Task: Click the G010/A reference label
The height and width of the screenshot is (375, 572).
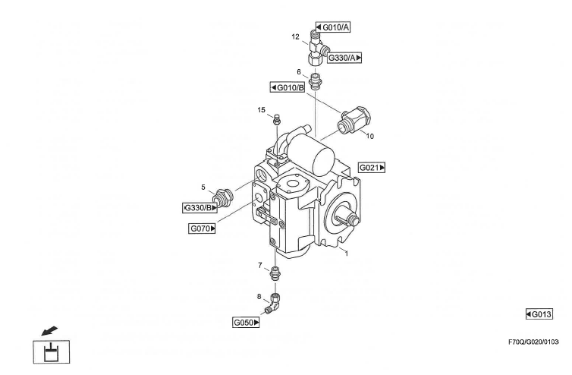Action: click(334, 28)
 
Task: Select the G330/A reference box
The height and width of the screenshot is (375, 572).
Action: click(345, 57)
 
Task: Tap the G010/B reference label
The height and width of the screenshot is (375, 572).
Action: click(288, 87)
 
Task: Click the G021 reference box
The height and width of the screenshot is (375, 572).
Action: click(372, 167)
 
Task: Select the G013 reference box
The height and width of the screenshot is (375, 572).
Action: click(539, 314)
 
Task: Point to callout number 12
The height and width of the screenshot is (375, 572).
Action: click(295, 36)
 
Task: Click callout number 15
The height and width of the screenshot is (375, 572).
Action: click(260, 110)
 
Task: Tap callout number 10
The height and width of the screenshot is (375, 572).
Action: click(370, 137)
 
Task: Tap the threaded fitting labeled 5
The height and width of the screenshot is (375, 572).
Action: click(222, 197)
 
